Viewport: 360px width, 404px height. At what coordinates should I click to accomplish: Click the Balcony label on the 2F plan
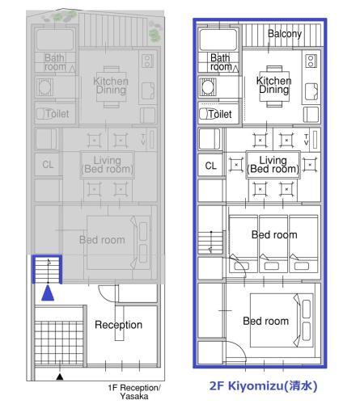pos(285,34)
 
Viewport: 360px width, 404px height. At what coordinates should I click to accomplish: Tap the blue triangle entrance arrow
pos(48,292)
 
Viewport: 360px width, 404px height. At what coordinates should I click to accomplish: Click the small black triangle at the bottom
pos(60,377)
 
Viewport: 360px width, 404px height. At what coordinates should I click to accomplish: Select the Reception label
pos(118,325)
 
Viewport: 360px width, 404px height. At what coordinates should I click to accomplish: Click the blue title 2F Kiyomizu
pos(263,385)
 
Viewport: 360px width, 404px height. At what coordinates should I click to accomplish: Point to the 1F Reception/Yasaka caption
pos(134,392)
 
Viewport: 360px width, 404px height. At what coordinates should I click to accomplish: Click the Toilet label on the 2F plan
pos(220,114)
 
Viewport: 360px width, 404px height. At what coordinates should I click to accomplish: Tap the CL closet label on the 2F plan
pos(210,166)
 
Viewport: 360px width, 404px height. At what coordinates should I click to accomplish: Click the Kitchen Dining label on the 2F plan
pos(273,85)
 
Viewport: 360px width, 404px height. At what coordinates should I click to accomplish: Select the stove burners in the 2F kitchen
pos(311,61)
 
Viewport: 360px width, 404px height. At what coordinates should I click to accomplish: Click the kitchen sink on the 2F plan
pos(311,92)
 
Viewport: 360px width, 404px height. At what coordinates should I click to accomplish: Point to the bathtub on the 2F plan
pos(218,40)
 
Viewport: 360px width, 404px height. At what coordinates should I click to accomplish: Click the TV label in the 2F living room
pos(306,140)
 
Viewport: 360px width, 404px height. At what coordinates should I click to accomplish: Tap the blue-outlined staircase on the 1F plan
pos(47,269)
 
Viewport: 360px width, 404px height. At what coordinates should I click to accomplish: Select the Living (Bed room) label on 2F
pos(273,165)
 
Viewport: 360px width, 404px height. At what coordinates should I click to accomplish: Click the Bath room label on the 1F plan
pos(55,62)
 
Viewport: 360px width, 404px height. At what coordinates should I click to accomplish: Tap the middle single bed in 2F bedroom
pos(273,244)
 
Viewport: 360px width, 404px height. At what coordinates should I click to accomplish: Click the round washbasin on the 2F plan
pos(208,87)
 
